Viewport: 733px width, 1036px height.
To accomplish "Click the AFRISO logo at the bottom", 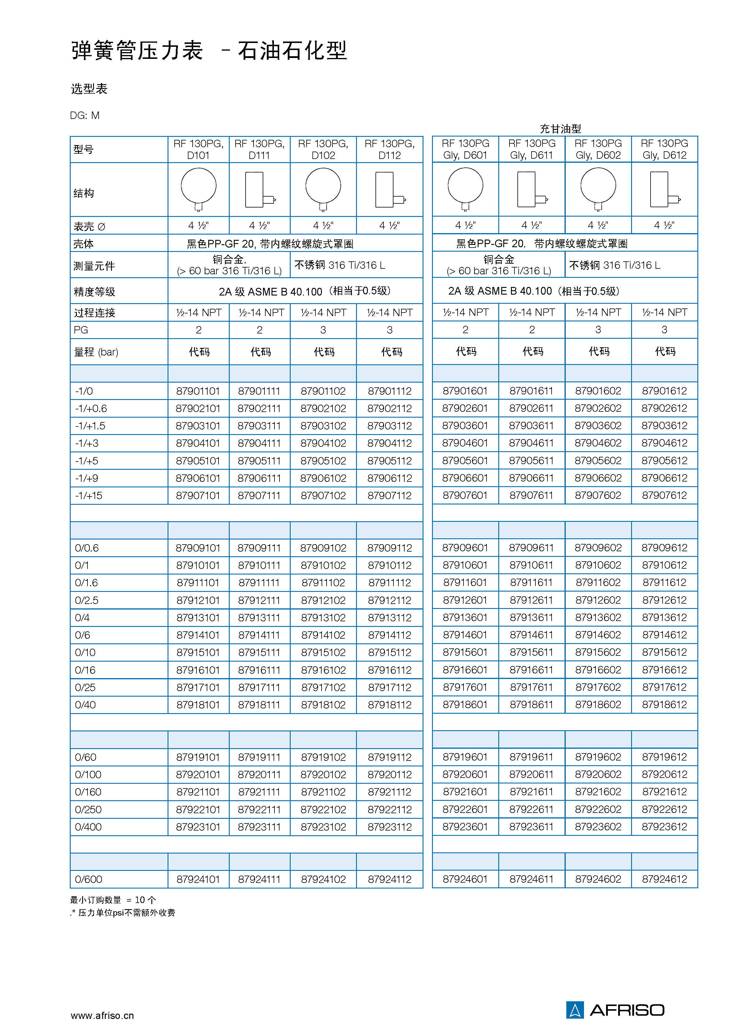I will click(x=615, y=1010).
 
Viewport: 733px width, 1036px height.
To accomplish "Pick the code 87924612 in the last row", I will click(x=664, y=879).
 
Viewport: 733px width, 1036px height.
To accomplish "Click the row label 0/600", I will click(x=88, y=879).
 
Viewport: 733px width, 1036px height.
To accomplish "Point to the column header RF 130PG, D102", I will click(x=323, y=149).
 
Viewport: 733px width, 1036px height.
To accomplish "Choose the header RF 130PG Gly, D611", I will click(x=531, y=149).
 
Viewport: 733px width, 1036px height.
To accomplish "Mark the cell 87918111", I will click(x=259, y=705).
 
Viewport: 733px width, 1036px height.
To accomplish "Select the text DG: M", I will click(x=85, y=115).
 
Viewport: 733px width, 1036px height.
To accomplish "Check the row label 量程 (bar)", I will click(x=96, y=352).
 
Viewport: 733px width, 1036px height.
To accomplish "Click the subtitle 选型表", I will click(x=89, y=89).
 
